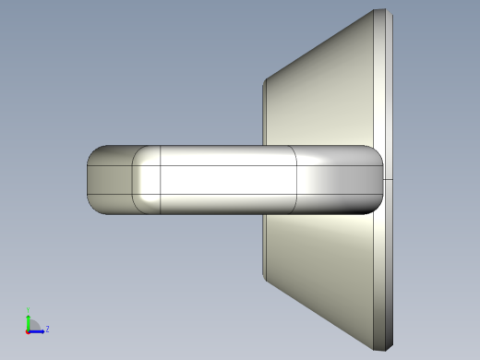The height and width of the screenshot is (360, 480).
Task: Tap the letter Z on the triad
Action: click(x=47, y=329)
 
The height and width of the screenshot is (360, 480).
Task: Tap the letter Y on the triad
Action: click(x=29, y=309)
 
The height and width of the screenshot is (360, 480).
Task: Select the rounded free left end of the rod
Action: click(x=92, y=180)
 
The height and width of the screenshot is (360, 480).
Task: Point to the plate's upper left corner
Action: click(x=265, y=80)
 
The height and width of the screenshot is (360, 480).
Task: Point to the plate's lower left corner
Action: click(x=265, y=278)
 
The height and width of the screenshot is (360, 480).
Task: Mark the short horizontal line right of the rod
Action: click(x=389, y=179)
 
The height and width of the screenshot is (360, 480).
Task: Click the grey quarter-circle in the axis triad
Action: click(x=34, y=324)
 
